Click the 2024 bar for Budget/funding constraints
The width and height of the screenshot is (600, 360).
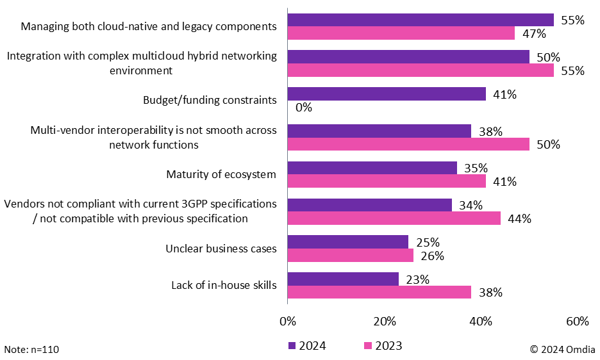387,94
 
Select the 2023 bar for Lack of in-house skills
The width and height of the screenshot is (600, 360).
379,292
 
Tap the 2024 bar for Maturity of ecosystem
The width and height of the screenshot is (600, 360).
372,168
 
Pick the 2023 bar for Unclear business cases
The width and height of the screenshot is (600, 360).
350,256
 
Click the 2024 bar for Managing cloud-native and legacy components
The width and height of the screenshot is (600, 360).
420,19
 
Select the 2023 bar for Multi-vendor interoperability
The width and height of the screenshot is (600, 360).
408,144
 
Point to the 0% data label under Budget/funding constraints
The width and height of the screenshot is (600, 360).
304,108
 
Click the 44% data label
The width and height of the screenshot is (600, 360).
519,219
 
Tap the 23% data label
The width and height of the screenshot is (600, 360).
417,279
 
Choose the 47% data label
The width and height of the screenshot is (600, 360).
533,33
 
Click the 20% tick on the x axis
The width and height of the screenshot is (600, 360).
383,321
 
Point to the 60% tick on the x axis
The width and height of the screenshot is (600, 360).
577,321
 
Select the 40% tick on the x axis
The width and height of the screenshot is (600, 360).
480,321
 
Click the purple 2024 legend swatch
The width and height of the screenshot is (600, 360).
292,346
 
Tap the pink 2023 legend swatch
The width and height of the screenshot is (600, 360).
368,346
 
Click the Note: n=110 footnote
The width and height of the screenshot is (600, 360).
31,349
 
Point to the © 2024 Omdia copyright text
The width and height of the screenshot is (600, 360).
562,349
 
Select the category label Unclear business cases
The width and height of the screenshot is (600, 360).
221,249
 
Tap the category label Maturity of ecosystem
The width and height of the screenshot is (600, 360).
221,174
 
